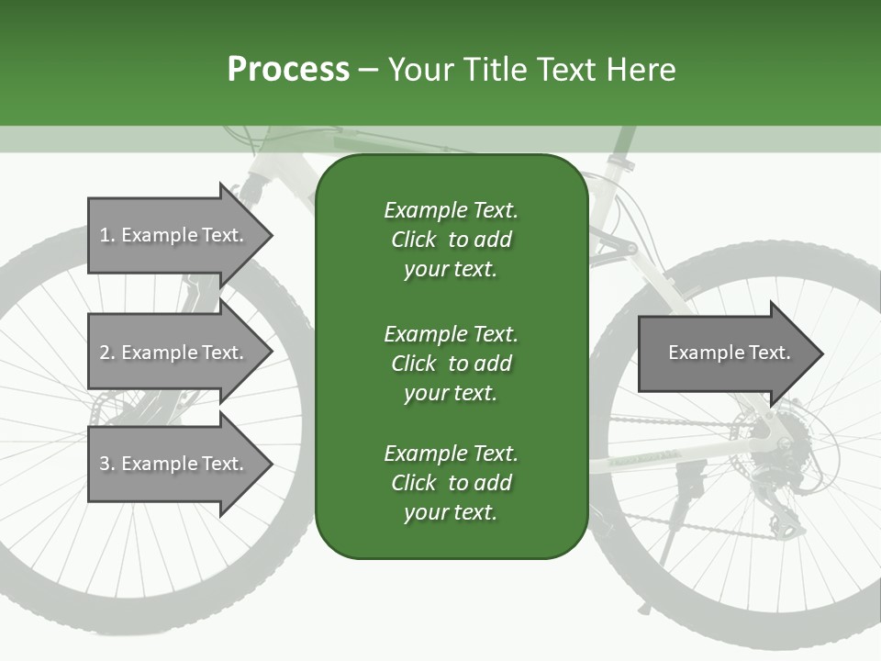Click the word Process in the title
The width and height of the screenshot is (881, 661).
point(288,70)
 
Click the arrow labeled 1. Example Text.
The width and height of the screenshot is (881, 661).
point(174,235)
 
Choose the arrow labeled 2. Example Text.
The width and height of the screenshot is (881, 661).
point(174,353)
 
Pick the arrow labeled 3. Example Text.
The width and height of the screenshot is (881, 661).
point(174,464)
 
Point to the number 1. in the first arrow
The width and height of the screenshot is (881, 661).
point(107,235)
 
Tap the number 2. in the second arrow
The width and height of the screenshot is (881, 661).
point(107,353)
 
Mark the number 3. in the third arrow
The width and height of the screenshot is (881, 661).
point(107,464)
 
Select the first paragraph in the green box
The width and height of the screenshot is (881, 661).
point(451,240)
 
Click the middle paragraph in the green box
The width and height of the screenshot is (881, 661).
point(451,363)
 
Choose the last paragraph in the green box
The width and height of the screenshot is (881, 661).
point(451,483)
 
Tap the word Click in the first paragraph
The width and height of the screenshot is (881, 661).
point(413,240)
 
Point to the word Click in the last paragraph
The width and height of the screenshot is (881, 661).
point(413,483)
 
